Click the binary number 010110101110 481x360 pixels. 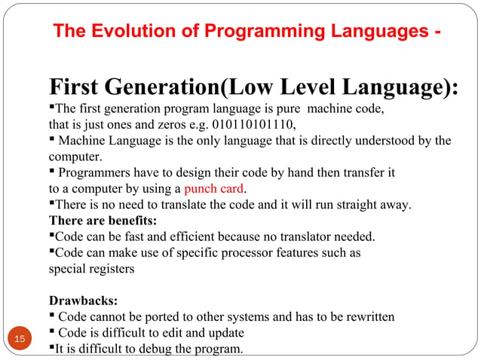[x=255, y=124]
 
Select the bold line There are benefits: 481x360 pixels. [x=103, y=221]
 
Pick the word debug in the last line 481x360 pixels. [x=167, y=348]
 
